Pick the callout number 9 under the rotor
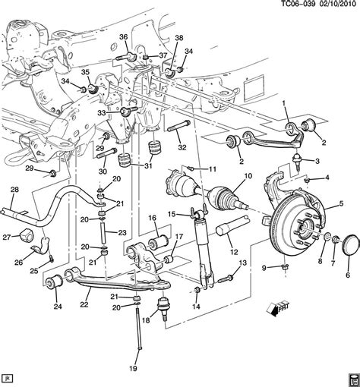click(266, 266)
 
